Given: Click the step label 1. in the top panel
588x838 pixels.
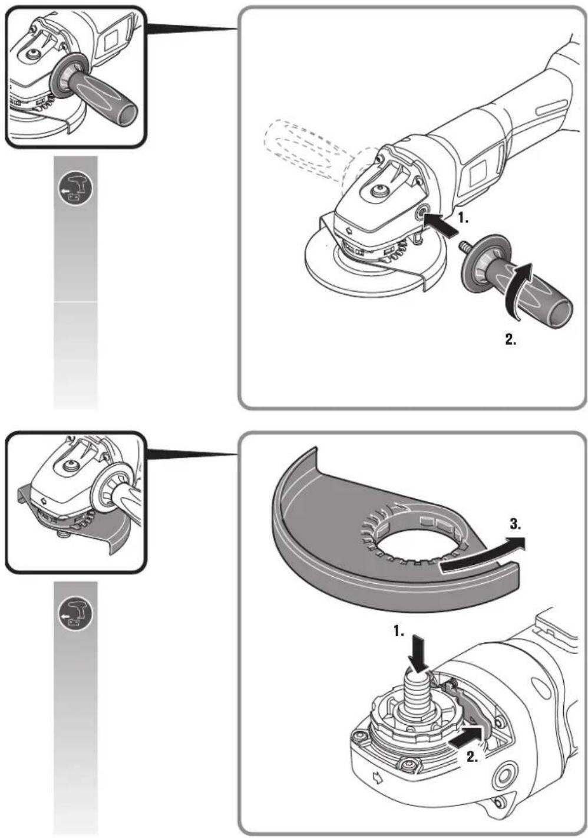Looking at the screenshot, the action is click(463, 218).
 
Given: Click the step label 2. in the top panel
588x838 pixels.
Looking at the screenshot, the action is click(511, 339).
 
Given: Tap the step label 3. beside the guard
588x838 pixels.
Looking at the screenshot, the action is click(516, 524).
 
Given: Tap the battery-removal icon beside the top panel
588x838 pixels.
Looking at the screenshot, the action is click(75, 189).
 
